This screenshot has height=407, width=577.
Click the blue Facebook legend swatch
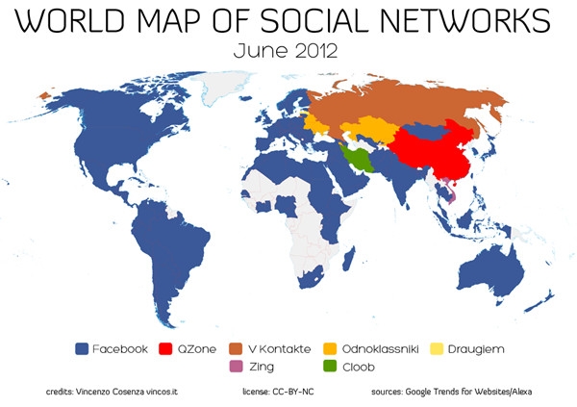click(x=82, y=349)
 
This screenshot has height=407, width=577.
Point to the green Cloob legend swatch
click(x=330, y=367)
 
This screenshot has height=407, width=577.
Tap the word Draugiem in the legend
click(x=483, y=349)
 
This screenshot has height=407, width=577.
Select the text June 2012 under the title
click(x=288, y=50)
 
